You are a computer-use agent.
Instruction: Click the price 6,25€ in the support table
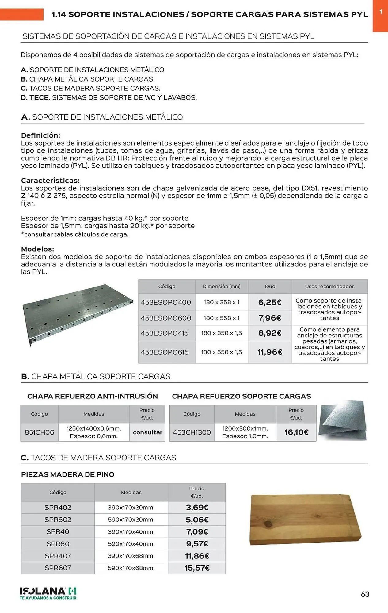(x=270, y=302)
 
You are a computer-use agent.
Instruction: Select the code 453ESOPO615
(x=165, y=352)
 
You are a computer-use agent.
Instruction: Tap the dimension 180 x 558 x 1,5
(x=221, y=352)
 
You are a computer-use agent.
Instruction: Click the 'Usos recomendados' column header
(x=329, y=287)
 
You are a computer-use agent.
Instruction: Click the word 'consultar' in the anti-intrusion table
(x=147, y=432)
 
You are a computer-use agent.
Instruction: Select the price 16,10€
(x=296, y=432)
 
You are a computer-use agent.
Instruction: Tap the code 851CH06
(x=39, y=432)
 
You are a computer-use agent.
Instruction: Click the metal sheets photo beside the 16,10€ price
(x=343, y=421)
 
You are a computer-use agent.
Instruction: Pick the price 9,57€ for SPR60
(x=197, y=544)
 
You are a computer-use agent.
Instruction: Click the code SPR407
(x=58, y=556)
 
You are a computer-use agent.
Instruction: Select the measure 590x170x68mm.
(x=131, y=568)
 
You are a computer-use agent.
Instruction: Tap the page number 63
(x=365, y=594)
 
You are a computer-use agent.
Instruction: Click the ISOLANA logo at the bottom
(x=48, y=593)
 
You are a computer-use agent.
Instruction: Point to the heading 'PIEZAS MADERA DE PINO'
(x=68, y=474)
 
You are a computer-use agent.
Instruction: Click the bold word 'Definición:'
(x=40, y=135)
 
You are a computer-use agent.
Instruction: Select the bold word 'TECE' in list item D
(x=39, y=98)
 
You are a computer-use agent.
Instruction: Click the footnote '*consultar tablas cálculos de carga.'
(x=75, y=234)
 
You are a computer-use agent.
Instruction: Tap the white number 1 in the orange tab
(x=381, y=12)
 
